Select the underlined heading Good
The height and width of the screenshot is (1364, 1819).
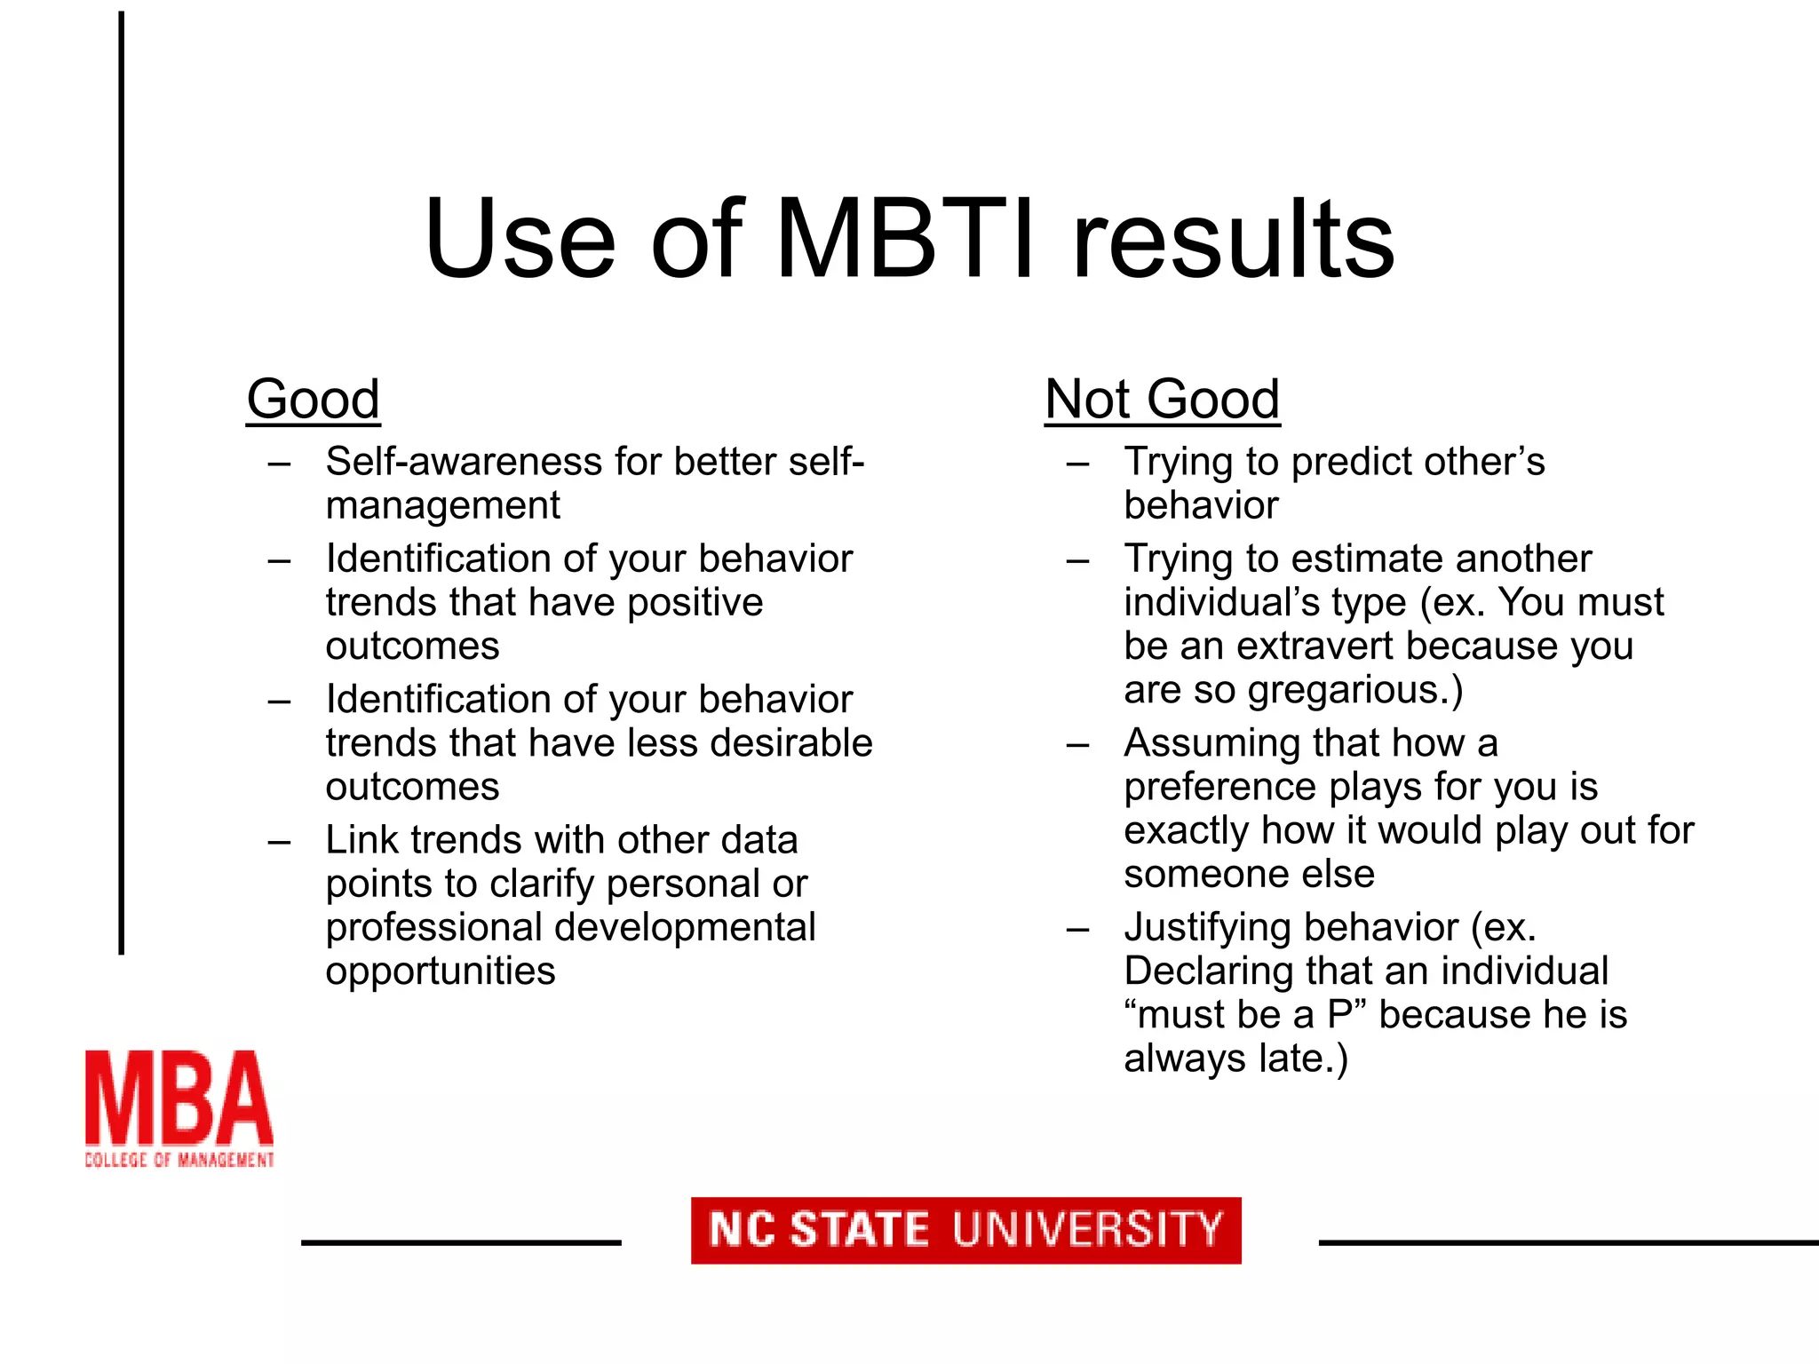click(x=314, y=399)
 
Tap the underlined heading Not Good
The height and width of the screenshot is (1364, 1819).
click(x=1162, y=399)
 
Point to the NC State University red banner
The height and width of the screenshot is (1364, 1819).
click(x=965, y=1230)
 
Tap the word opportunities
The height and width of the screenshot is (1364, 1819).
click(x=441, y=971)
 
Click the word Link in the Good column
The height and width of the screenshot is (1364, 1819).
click(x=361, y=839)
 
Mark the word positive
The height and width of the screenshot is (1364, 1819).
click(x=695, y=603)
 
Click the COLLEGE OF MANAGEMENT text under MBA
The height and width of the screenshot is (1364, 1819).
click(x=179, y=1160)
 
